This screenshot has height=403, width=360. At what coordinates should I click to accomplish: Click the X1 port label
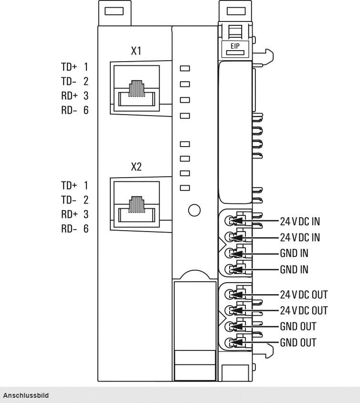(x=136, y=51)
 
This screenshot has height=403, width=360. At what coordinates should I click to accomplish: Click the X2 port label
(x=136, y=168)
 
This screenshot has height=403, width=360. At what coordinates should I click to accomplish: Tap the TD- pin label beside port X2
(x=68, y=200)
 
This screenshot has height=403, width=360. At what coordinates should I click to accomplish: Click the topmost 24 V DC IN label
(x=300, y=221)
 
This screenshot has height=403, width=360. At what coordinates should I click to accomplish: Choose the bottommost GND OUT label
(x=297, y=343)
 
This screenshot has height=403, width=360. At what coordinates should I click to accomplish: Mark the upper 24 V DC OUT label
(x=304, y=294)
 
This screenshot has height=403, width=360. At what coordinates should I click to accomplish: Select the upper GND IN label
(x=294, y=253)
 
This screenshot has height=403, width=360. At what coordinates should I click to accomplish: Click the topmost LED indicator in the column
(x=185, y=68)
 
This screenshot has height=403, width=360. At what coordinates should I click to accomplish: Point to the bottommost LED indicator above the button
(x=185, y=188)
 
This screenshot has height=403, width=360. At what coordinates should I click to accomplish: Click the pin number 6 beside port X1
(x=86, y=111)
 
